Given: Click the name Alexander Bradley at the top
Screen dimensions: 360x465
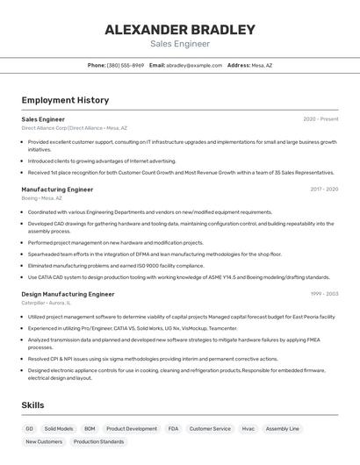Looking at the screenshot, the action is click(x=180, y=29).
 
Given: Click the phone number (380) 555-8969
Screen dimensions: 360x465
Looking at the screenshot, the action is click(x=126, y=65).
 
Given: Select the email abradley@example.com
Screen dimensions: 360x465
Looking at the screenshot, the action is click(x=194, y=65).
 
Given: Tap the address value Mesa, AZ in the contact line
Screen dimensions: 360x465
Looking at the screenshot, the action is click(x=263, y=65).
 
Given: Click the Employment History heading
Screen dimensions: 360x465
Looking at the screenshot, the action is click(x=65, y=100).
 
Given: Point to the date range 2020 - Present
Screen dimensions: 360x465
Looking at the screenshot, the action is click(x=320, y=118).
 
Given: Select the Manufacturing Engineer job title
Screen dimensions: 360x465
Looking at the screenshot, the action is click(x=57, y=189).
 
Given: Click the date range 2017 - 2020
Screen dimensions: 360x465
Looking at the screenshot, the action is click(x=324, y=189).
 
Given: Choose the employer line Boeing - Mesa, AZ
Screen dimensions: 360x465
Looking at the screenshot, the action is click(x=42, y=198).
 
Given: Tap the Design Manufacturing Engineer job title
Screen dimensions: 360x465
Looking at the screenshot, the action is click(x=68, y=294).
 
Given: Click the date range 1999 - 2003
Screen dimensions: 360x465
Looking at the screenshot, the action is click(x=324, y=294).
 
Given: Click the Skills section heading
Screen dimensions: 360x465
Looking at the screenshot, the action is click(x=33, y=405).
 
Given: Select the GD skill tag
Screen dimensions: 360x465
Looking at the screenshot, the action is click(x=29, y=428).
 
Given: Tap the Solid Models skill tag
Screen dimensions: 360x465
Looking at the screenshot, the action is click(x=59, y=428).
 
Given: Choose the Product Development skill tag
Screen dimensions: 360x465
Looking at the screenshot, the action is click(x=132, y=428).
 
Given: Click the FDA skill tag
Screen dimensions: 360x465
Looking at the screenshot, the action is click(x=173, y=428).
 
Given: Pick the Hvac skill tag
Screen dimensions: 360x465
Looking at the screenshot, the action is click(x=248, y=428).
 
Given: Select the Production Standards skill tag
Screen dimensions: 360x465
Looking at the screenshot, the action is click(x=98, y=441).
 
